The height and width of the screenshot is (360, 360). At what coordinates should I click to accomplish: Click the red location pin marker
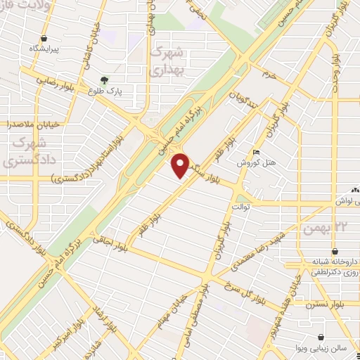point(181,166)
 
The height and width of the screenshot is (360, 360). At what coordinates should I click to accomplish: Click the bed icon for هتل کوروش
point(257,152)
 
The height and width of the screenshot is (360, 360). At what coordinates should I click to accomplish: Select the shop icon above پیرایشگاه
point(45,38)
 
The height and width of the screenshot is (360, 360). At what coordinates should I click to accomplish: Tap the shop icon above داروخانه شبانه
point(334,251)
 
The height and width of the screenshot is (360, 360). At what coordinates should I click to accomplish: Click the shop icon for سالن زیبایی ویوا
point(321,337)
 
